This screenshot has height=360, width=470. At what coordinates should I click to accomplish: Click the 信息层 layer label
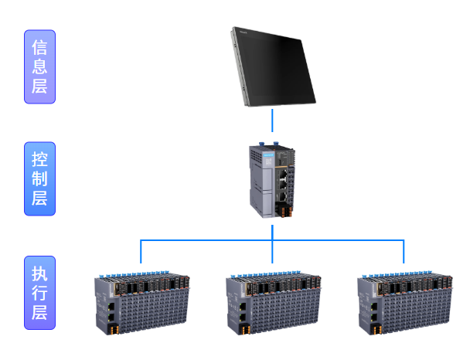[40, 66]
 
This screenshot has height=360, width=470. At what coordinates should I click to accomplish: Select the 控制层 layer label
[40, 178]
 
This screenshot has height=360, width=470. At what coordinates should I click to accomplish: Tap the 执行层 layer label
[40, 293]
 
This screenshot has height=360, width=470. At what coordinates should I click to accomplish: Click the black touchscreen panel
[273, 66]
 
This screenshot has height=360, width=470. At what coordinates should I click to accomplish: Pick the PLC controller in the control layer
[272, 180]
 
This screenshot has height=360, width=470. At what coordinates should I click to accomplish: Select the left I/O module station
[142, 303]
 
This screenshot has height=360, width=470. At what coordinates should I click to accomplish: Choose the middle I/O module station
[274, 303]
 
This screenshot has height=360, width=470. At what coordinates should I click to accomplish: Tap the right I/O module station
[405, 303]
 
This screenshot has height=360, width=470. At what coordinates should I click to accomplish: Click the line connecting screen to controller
[272, 121]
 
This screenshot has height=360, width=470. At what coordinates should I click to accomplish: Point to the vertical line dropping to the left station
[141, 252]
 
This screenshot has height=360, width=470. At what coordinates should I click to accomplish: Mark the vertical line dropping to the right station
[404, 252]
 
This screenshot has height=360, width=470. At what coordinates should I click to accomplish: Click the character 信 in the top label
[40, 48]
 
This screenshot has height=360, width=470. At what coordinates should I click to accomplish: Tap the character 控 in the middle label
[40, 159]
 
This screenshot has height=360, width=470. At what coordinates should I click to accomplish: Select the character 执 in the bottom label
[40, 273]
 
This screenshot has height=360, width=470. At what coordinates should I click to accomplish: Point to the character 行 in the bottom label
[40, 293]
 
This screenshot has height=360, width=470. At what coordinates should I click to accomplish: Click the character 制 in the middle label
[40, 178]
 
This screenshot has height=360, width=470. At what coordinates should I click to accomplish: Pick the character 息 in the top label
[40, 66]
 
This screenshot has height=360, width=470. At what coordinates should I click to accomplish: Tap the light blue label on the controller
[268, 155]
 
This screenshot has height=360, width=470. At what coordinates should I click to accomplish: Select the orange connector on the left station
[114, 329]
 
